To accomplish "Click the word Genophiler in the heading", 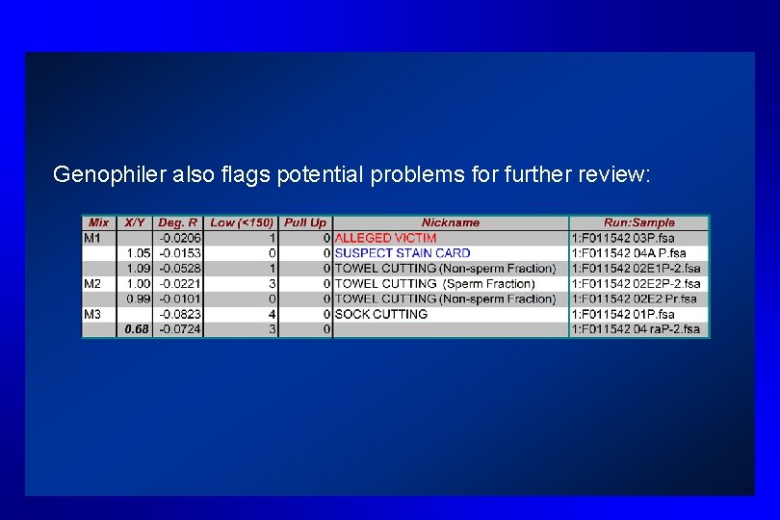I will pos(101,174).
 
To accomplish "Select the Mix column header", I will pos(98,222).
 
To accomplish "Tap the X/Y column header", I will pos(136,222).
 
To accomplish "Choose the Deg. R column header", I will pos(178,222).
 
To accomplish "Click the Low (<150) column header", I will pos(241,222).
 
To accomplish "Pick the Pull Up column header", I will pos(305,222).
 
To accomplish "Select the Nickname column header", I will pos(450,222).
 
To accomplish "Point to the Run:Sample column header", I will pos(638,222).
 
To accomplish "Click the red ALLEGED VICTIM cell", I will pos(385,238).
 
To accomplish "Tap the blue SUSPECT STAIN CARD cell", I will pos(403,253).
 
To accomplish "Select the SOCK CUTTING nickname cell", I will pos(381,314).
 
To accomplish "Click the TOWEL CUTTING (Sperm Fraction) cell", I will pos(434,283).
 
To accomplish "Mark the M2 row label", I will pos(93,283).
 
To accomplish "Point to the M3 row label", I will pos(93,314).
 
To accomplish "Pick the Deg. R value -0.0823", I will pos(180,314).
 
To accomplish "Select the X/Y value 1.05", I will pos(140,253).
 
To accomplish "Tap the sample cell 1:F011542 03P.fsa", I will pos(623,238).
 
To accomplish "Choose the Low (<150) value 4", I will pos(273,314).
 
